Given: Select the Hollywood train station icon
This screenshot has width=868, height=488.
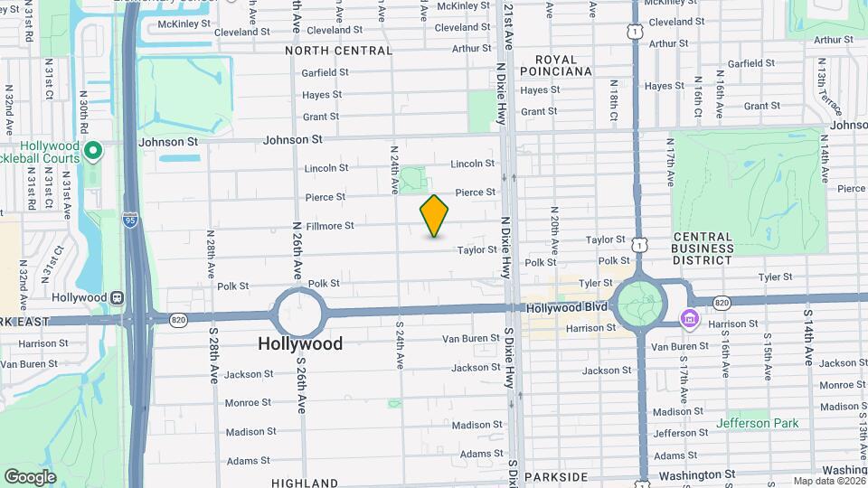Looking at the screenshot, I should [x=117, y=297].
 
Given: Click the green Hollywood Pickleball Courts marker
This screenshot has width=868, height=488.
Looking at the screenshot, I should [x=93, y=149].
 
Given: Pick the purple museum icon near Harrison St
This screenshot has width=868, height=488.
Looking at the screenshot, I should [x=689, y=318].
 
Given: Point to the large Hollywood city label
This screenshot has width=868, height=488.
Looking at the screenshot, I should [x=300, y=343].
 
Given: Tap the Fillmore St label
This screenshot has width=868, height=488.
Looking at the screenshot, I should [x=329, y=225].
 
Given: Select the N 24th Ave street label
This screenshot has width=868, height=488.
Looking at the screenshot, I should [x=394, y=169].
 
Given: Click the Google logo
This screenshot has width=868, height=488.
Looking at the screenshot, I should [x=30, y=476].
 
